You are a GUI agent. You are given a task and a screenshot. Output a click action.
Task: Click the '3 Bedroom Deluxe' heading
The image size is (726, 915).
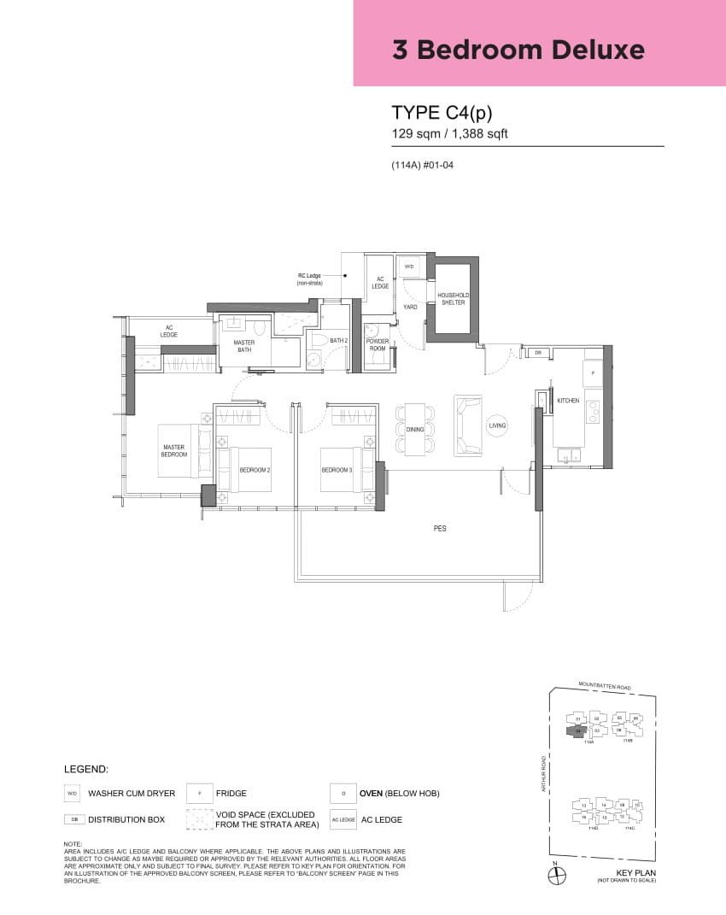[x=518, y=50]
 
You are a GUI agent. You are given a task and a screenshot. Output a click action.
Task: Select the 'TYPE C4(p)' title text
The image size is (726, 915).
[x=442, y=113]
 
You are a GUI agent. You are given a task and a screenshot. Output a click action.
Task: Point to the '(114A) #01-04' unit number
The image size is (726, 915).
[x=422, y=165]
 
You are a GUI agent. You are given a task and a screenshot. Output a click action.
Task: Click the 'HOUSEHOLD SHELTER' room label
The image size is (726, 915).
[x=453, y=298]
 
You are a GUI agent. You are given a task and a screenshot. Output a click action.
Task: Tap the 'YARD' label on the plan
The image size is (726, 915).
[x=410, y=307]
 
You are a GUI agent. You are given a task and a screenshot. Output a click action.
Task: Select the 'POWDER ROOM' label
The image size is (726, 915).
[x=378, y=345]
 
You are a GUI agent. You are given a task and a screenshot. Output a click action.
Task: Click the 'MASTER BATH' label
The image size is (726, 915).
[x=244, y=345]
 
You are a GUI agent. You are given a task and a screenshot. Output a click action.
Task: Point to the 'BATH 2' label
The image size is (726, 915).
[x=338, y=341]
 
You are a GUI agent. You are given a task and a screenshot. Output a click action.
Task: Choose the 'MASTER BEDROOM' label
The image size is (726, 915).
[x=174, y=450]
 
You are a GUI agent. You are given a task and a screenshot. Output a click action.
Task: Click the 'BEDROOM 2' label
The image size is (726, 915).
[x=255, y=470]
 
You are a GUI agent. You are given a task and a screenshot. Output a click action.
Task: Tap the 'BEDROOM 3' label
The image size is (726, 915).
[x=337, y=470]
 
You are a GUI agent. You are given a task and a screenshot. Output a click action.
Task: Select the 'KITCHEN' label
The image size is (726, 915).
[x=568, y=400]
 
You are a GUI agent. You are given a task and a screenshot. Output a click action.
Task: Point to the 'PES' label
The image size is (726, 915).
[x=440, y=529]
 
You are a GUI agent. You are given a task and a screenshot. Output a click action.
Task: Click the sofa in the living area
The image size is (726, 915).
[x=468, y=425]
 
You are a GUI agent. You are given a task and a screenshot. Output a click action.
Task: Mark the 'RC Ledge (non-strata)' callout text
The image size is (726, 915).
[x=309, y=279]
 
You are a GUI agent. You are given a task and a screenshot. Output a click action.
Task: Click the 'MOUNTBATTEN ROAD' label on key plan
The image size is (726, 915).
[x=604, y=685]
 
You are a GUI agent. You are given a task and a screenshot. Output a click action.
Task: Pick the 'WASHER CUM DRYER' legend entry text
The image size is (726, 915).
[x=132, y=794]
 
